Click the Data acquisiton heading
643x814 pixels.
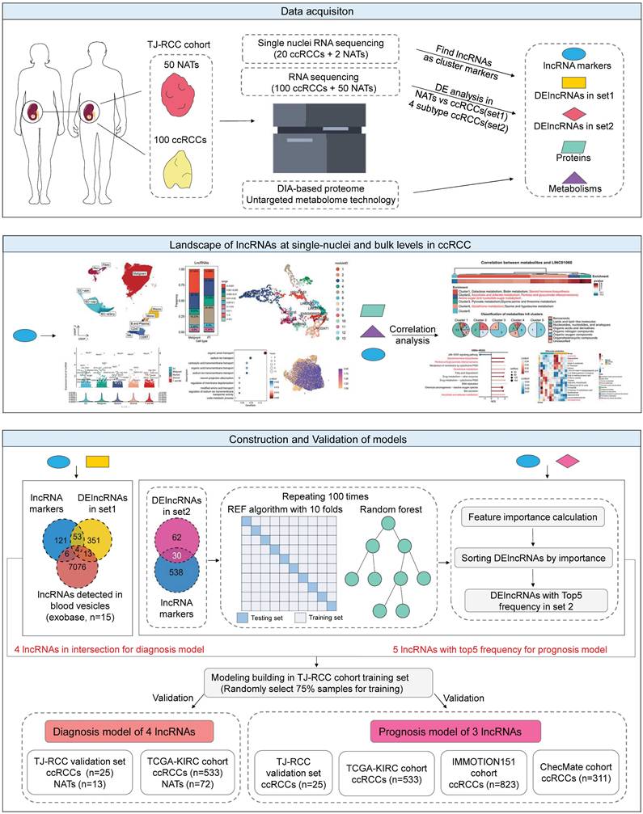click(321, 12)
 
